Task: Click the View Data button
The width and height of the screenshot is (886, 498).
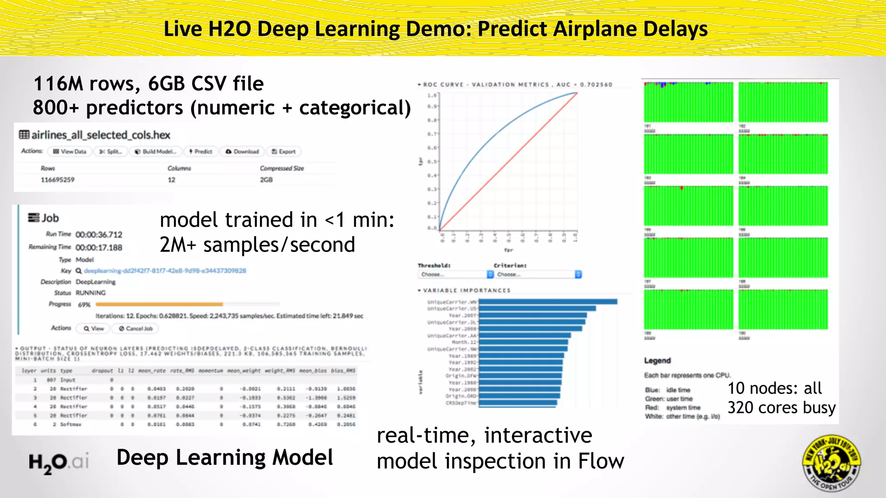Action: [x=70, y=152]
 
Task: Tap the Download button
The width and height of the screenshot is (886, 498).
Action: [x=242, y=152]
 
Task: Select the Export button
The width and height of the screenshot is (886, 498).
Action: [x=284, y=152]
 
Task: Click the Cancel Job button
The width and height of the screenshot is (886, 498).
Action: [x=136, y=329]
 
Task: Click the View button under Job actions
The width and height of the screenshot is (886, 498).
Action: [x=94, y=329]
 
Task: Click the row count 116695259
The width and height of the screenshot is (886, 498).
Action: [x=58, y=180]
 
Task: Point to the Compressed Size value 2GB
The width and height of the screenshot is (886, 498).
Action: [x=266, y=180]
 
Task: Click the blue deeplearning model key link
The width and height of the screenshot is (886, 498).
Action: [x=164, y=271]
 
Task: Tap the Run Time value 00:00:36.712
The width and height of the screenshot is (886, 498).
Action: [x=99, y=235]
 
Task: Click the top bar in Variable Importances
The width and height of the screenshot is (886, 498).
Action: [x=548, y=302]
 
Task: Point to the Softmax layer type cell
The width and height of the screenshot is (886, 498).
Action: [x=71, y=425]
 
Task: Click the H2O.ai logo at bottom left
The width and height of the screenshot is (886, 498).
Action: [x=59, y=462]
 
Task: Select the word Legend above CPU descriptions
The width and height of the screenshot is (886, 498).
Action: [x=657, y=361]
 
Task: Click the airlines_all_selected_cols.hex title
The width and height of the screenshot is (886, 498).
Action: [x=100, y=135]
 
